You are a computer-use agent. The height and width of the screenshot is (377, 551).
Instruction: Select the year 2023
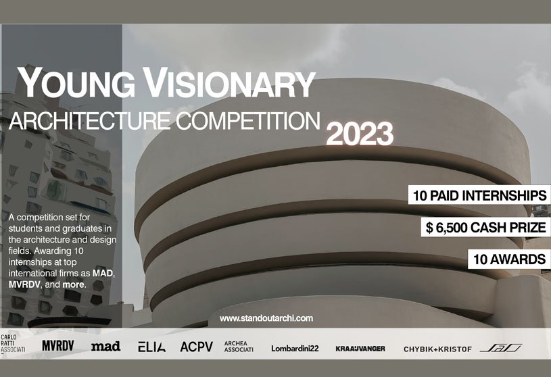click(360, 134)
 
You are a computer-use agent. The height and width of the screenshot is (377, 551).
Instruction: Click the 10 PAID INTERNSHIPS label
click(478, 196)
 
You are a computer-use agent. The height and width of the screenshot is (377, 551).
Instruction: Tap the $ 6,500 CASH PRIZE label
click(485, 228)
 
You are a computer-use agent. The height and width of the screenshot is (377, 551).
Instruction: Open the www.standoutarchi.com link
click(266, 318)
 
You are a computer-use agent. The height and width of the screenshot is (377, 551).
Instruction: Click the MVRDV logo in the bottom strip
click(57, 347)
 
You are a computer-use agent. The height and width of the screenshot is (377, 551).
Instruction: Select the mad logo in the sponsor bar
click(105, 347)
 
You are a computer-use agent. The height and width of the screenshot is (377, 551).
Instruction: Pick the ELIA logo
click(151, 347)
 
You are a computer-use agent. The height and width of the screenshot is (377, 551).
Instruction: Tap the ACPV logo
click(196, 347)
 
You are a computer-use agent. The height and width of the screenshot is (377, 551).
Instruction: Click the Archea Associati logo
click(239, 347)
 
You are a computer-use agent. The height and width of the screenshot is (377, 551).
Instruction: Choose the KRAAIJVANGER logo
click(360, 349)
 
